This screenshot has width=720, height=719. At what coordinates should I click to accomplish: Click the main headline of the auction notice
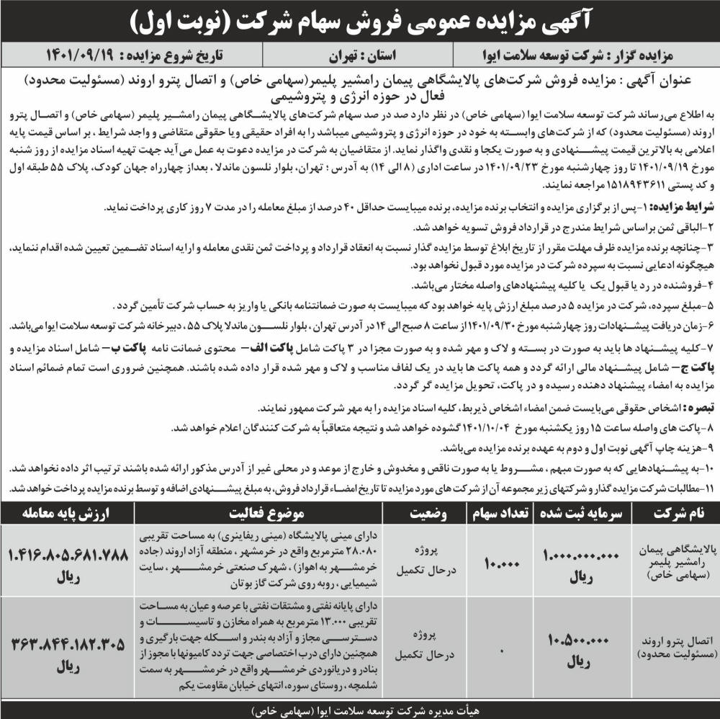coord(360,22)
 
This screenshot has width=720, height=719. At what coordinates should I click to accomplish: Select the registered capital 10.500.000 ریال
coord(582,645)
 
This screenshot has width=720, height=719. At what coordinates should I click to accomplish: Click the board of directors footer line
coord(360,709)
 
